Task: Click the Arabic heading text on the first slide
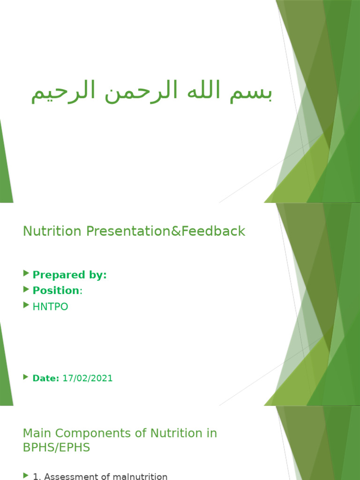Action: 151,92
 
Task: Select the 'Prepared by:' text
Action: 69,275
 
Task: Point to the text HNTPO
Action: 50,307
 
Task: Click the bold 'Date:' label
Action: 46,378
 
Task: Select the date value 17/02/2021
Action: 88,378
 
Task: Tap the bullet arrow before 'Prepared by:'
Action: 26,274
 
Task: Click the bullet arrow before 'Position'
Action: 26,290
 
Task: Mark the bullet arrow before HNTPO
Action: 26,306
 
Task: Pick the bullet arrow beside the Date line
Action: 26,377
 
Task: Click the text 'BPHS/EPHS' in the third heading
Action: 56,448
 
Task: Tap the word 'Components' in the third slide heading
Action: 84,434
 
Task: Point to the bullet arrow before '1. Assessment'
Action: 26,476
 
